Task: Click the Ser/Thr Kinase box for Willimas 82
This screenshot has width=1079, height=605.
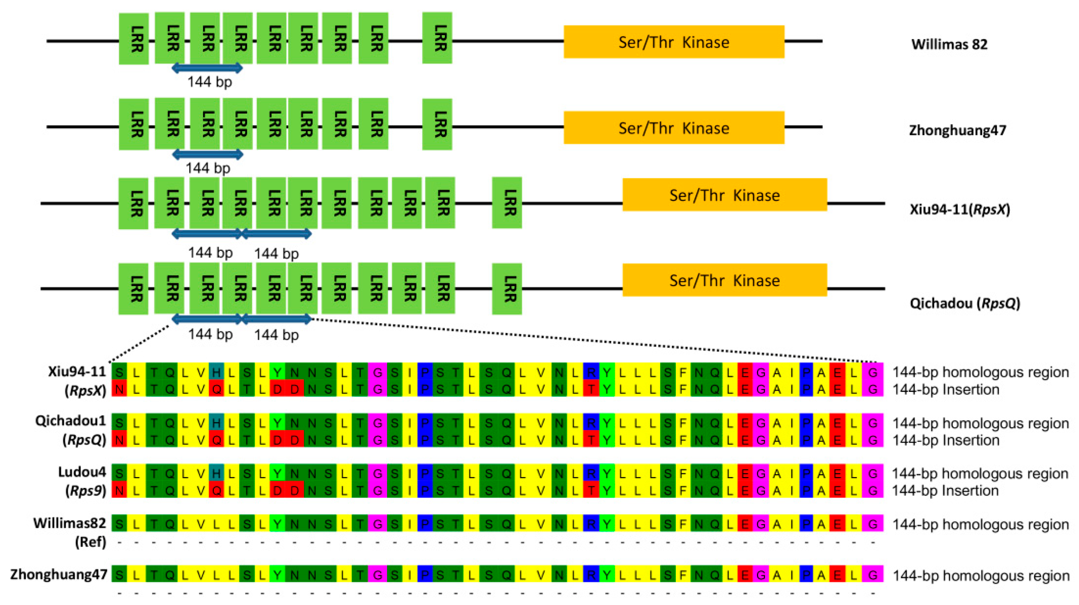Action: [674, 42]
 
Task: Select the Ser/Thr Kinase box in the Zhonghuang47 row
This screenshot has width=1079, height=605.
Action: [674, 128]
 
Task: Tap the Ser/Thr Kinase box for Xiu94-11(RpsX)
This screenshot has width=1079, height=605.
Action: [725, 195]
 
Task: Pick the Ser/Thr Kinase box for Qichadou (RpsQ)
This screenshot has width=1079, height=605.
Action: [725, 280]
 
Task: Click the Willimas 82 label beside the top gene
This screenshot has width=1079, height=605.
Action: [949, 45]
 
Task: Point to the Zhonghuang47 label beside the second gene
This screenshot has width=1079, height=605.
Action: [957, 130]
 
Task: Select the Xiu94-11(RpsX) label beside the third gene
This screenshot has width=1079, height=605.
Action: [960, 209]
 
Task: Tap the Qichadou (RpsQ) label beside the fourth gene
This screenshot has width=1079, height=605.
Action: [965, 303]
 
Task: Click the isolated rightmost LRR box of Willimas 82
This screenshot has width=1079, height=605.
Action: [437, 38]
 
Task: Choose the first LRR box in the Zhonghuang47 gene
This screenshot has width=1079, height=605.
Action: [134, 124]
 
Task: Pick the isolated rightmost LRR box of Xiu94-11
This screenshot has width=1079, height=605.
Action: [507, 203]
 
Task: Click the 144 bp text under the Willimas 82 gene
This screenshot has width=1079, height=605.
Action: [209, 82]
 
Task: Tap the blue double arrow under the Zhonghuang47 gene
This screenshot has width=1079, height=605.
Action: [208, 154]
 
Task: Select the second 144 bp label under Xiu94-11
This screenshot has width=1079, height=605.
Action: [276, 253]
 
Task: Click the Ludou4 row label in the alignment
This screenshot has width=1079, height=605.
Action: [82, 472]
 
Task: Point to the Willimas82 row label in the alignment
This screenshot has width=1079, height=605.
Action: [70, 523]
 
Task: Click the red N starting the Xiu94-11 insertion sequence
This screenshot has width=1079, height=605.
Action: [119, 389]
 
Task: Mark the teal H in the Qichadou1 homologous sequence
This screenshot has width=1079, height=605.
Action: [216, 423]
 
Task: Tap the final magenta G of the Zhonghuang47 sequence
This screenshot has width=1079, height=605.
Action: [873, 574]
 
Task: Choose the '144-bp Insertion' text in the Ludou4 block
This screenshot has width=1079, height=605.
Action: [945, 490]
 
